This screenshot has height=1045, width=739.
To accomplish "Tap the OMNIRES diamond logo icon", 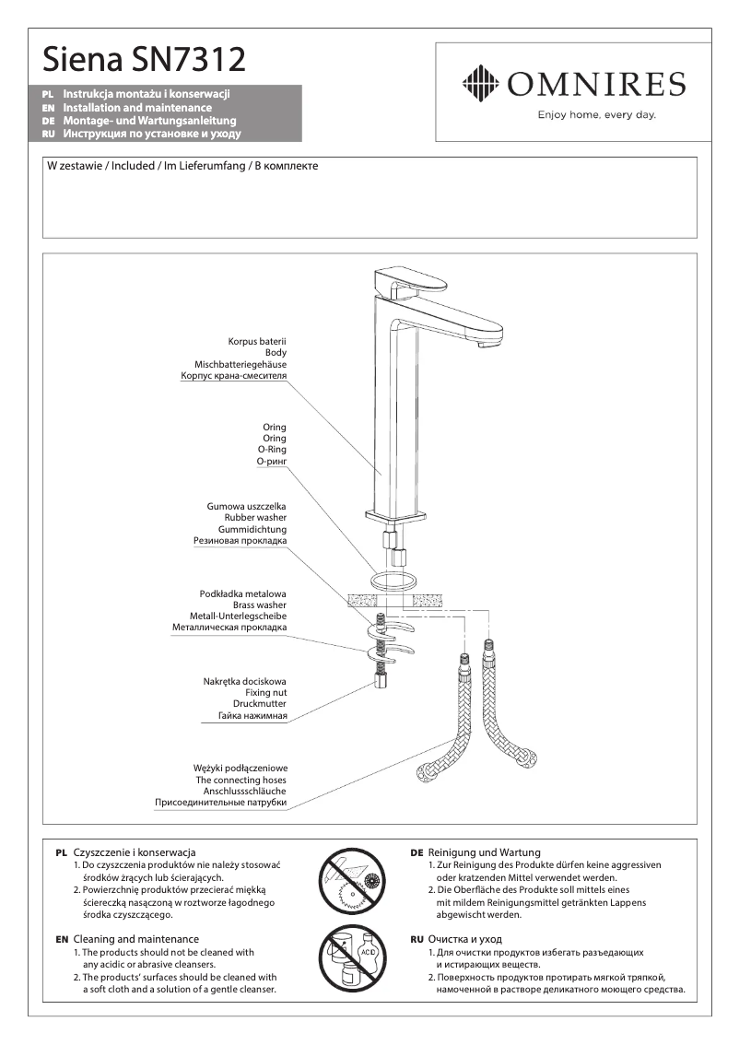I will click(477, 85).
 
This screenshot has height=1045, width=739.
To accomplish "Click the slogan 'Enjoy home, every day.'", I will click(596, 115).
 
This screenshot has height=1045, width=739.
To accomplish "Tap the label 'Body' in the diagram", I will click(276, 353).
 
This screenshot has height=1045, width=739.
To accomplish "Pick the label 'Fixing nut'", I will click(265, 692).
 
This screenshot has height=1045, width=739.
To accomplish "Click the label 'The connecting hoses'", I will click(240, 780).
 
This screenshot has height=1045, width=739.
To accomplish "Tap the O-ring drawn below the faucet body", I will click(393, 581).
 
